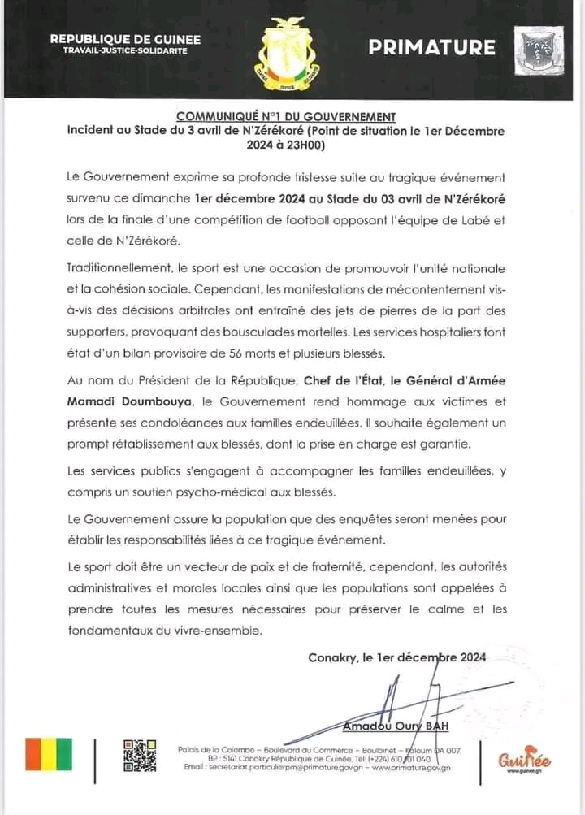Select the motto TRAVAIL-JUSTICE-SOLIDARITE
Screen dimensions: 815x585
pyautogui.click(x=125, y=50)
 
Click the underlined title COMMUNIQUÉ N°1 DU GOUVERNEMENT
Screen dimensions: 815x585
pyautogui.click(x=286, y=117)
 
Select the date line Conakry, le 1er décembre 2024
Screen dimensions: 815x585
pyautogui.click(x=397, y=657)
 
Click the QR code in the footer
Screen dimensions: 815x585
pyautogui.click(x=139, y=756)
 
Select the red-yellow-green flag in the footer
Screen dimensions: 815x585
pyautogui.click(x=49, y=754)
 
